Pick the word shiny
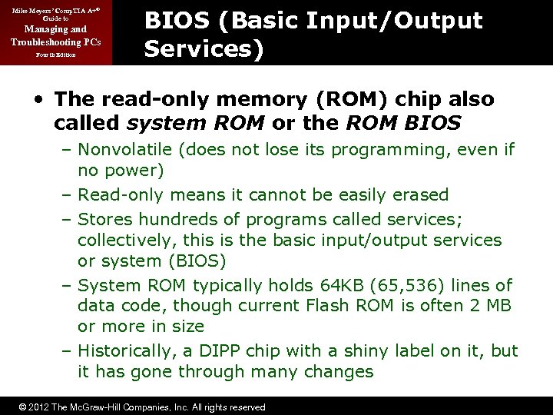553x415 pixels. click(357, 351)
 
